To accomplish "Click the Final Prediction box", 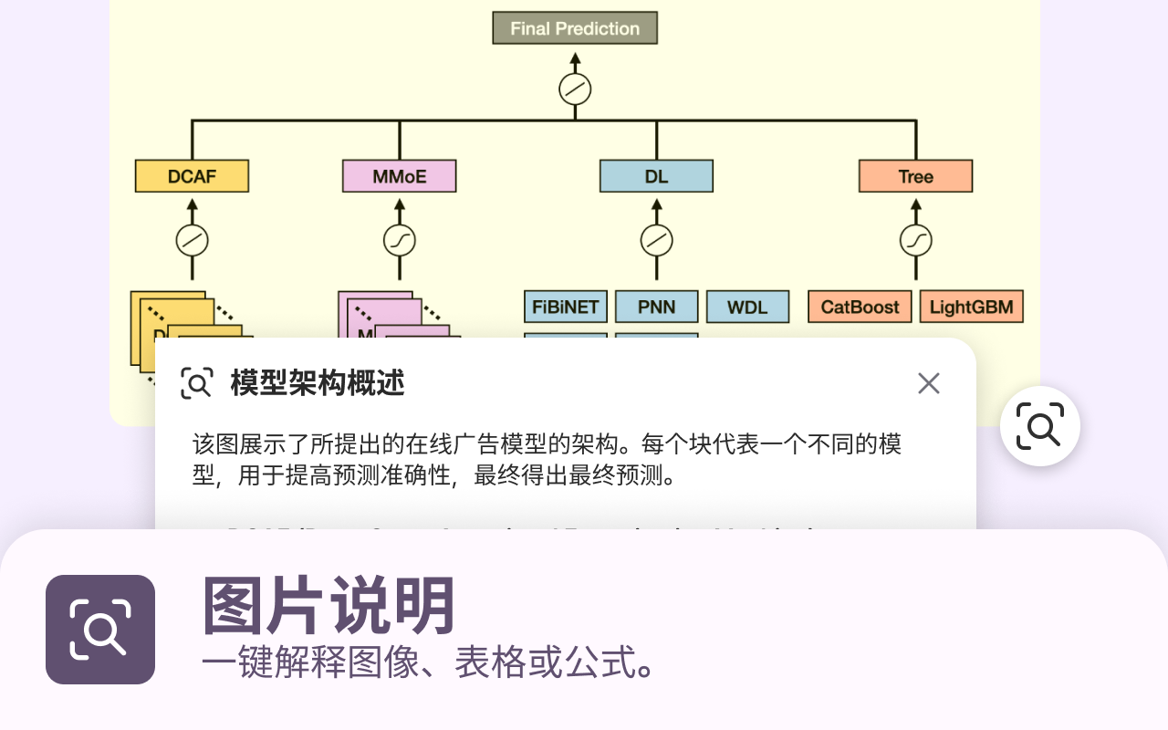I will click(575, 28).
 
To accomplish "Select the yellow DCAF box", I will click(192, 176).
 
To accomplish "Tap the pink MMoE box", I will click(399, 176).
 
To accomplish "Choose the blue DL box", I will click(656, 176).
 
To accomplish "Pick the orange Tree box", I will click(915, 176).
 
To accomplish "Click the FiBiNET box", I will click(566, 307).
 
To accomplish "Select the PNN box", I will click(656, 307).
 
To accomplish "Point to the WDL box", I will click(747, 307).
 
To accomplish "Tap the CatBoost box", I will click(860, 307).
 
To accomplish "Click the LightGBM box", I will click(971, 307).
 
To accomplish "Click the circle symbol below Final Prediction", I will click(575, 89).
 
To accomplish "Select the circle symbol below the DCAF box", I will click(192, 241).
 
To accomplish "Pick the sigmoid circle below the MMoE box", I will click(399, 241).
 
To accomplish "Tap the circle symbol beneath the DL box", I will click(656, 241).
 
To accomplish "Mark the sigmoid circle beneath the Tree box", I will click(915, 241).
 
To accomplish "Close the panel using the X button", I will click(928, 383).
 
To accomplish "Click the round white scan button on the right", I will click(1039, 426).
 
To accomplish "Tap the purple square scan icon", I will click(100, 630).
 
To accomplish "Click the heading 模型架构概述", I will click(317, 383).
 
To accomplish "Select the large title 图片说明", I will click(328, 606).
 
